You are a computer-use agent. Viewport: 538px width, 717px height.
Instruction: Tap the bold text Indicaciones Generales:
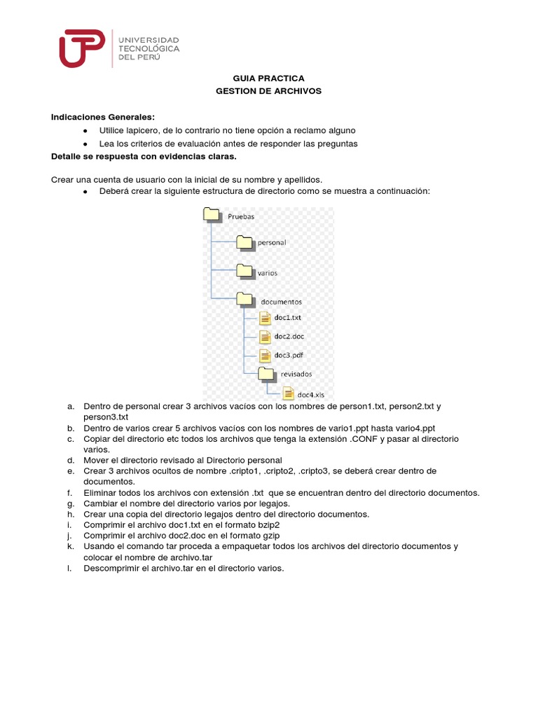[102, 117]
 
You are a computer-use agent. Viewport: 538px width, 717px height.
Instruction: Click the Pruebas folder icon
[212, 215]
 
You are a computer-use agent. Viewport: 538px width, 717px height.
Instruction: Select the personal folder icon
[244, 242]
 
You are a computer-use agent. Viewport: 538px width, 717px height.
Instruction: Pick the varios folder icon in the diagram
[244, 270]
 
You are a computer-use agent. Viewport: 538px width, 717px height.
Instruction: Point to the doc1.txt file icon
[265, 319]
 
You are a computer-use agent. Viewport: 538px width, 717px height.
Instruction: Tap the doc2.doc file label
[289, 337]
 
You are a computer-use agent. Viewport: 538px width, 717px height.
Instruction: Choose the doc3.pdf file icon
[265, 356]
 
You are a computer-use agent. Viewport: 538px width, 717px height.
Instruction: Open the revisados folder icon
[266, 373]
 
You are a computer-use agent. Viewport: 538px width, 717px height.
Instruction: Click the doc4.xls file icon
[288, 393]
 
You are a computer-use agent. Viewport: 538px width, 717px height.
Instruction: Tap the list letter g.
[71, 503]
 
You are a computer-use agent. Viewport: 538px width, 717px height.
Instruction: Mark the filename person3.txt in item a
[102, 417]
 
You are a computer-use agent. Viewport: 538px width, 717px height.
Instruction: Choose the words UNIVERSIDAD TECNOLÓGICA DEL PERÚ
[150, 48]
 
